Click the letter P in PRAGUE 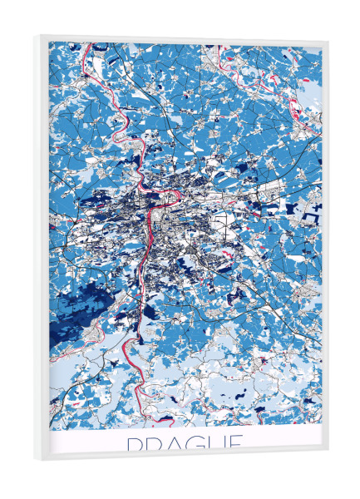coord(134,443)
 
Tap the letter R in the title coord(155,443)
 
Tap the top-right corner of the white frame coord(328,39)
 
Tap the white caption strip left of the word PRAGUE coord(83,442)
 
